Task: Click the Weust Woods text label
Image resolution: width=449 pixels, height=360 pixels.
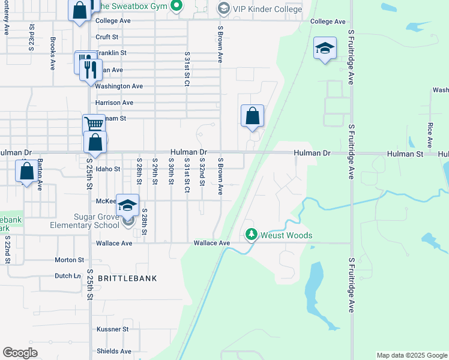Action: (286, 235)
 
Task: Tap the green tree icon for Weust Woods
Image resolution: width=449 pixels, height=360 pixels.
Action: (252, 235)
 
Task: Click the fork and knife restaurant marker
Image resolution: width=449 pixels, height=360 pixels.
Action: (91, 70)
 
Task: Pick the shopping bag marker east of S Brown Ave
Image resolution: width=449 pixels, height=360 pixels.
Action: (253, 116)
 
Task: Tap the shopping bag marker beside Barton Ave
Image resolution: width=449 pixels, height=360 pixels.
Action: (27, 172)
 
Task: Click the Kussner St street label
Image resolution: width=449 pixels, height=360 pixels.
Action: (113, 329)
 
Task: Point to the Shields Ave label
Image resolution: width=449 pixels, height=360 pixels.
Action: (113, 352)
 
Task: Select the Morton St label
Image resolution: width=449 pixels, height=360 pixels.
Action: (69, 260)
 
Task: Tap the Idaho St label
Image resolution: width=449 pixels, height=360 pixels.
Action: (108, 169)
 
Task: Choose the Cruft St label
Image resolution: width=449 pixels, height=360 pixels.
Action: (107, 37)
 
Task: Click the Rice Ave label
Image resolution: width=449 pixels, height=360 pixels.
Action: (430, 135)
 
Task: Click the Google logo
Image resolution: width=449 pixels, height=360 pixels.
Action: (20, 353)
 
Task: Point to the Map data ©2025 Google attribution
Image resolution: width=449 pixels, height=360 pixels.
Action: (411, 355)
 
